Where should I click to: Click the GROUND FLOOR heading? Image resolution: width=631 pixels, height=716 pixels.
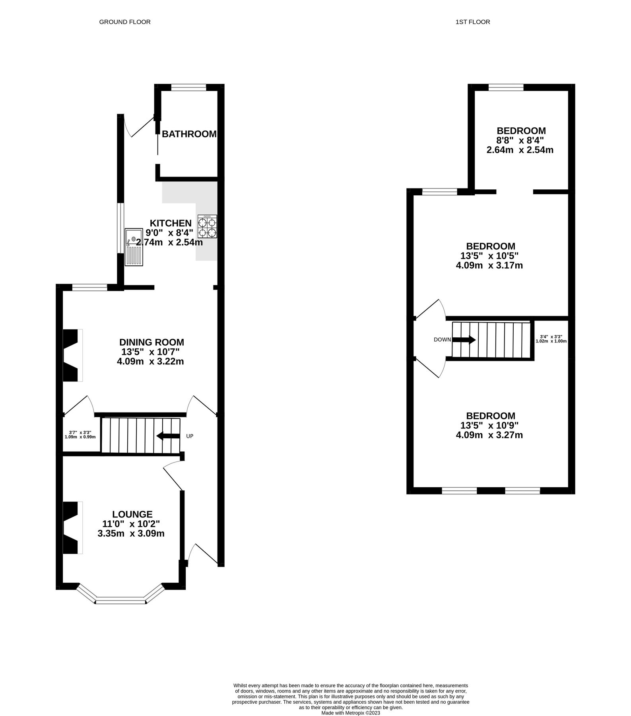pyautogui.click(x=125, y=22)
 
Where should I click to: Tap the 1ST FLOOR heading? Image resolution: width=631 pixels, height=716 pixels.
pyautogui.click(x=473, y=22)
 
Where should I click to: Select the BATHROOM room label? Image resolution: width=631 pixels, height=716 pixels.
pyautogui.click(x=189, y=134)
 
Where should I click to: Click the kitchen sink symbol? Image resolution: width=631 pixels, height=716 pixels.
pyautogui.click(x=134, y=247)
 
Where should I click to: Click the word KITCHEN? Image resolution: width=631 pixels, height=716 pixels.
pyautogui.click(x=170, y=223)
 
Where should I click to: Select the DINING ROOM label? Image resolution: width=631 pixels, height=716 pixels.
pyautogui.click(x=152, y=342)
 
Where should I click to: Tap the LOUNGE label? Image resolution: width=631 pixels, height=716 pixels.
pyautogui.click(x=132, y=514)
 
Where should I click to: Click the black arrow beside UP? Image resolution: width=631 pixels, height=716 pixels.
pyautogui.click(x=168, y=436)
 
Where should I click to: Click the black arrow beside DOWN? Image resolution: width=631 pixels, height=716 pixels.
pyautogui.click(x=464, y=340)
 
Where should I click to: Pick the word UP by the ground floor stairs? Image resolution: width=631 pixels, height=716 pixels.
pyautogui.click(x=190, y=436)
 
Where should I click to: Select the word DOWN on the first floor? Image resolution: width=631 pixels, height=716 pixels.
pyautogui.click(x=442, y=340)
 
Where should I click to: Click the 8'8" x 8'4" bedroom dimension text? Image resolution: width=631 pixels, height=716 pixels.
pyautogui.click(x=520, y=140)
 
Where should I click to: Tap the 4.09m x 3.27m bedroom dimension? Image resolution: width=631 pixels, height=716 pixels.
pyautogui.click(x=489, y=435)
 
